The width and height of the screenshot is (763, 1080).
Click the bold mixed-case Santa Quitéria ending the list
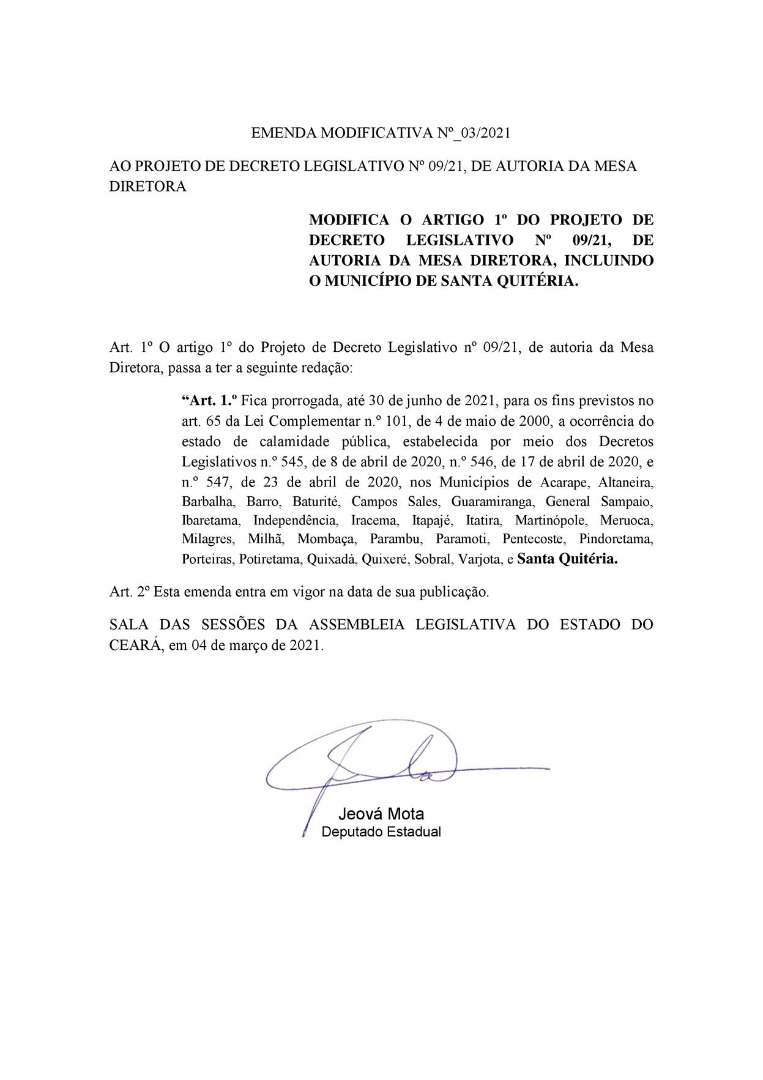(567, 559)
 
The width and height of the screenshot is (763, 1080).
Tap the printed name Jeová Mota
(381, 814)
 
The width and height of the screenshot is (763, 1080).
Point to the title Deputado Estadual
(381, 832)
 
